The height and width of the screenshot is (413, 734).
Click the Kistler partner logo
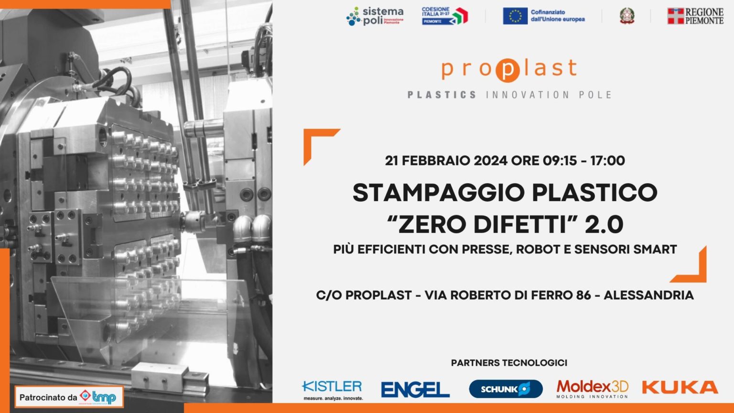coord(333,389)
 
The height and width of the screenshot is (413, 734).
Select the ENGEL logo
coord(415,389)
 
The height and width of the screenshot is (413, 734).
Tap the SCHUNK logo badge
coord(506,389)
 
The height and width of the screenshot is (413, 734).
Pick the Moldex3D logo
coord(592,389)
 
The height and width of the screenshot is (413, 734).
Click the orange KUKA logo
coord(680,387)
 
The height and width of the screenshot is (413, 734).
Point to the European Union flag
coord(515,16)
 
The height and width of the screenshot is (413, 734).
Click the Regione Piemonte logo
coord(695,16)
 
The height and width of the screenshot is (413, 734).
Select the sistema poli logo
coord(375,16)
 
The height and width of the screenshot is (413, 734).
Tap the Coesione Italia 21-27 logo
coord(444,16)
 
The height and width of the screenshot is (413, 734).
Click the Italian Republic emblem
coord(627,16)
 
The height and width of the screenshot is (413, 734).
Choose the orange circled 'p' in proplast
coord(507,70)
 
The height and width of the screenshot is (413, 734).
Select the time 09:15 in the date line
coord(560,161)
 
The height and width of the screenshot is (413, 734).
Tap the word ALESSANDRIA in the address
coord(648,295)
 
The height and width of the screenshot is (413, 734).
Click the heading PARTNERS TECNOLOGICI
coord(509,363)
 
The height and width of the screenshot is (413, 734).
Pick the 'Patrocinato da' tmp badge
coord(69,397)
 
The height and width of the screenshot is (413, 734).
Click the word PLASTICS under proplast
coord(442,95)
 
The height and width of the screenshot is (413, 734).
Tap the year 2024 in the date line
coord(490,161)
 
